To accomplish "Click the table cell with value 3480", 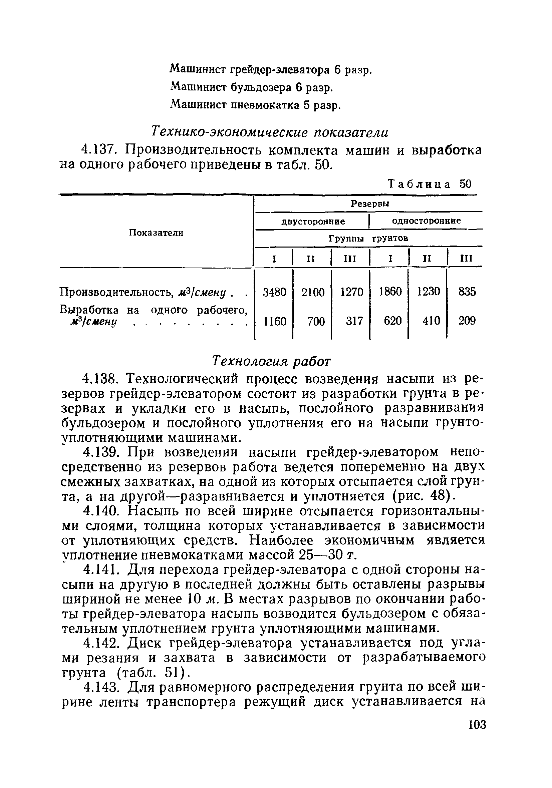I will [x=274, y=292].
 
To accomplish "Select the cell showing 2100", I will [x=312, y=292].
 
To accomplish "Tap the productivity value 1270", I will [x=351, y=292].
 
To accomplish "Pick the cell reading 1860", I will [x=390, y=292].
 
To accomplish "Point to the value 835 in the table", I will [x=467, y=292].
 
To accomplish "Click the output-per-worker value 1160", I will [x=274, y=321].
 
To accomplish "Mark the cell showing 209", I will [x=467, y=321].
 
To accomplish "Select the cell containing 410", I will [x=431, y=321].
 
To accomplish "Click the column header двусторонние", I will [x=313, y=222].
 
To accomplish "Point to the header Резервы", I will [x=370, y=204].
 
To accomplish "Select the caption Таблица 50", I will [x=430, y=184].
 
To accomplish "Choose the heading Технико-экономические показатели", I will [x=270, y=132].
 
